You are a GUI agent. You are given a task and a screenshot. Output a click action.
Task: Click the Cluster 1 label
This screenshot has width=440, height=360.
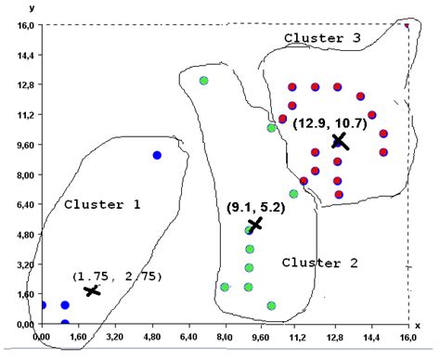click(x=102, y=203)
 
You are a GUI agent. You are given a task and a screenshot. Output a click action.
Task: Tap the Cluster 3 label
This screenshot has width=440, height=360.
click(x=322, y=37)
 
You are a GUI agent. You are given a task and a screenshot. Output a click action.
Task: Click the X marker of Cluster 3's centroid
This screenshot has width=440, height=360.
click(x=339, y=141)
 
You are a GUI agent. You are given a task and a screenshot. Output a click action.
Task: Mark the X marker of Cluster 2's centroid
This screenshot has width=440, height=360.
click(x=254, y=225)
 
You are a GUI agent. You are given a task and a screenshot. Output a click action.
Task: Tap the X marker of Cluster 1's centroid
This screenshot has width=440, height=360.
click(x=91, y=290)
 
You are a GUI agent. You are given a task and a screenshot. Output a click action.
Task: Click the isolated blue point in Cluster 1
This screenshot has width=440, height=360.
click(x=157, y=155)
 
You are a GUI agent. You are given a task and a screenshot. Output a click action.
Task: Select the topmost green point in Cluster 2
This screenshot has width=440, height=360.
click(x=203, y=81)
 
